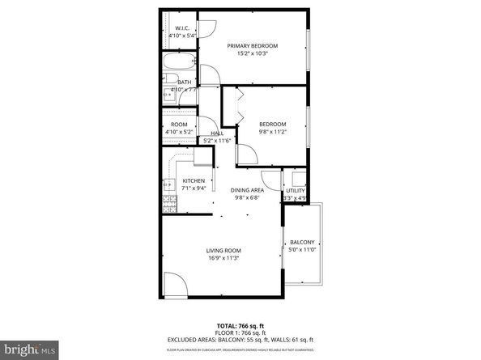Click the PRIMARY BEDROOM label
point(252,45)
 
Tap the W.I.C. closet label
point(182,29)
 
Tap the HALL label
point(217,133)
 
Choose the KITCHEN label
point(194,180)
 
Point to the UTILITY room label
point(295,190)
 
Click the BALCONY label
point(302,242)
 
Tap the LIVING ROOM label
point(223,251)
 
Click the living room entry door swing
point(176,286)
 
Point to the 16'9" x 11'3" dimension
point(223,258)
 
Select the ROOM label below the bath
point(179,124)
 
